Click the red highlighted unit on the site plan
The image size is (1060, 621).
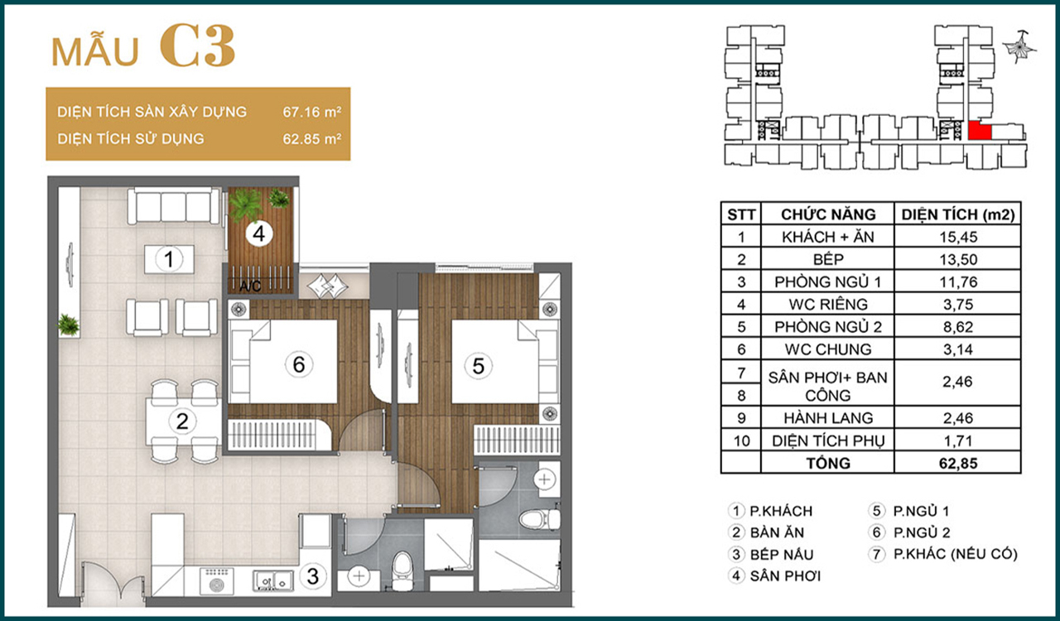click(x=979, y=131)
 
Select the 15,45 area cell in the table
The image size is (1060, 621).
click(x=958, y=237)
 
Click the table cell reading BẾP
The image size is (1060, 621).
click(x=828, y=259)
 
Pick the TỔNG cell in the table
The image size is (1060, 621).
click(x=828, y=463)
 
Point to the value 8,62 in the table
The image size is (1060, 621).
click(x=958, y=327)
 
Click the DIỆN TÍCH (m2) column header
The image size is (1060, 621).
click(x=958, y=214)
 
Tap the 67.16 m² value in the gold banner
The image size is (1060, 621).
click(x=312, y=112)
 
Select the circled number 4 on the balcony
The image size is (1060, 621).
click(x=259, y=233)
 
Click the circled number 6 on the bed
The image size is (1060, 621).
click(x=299, y=364)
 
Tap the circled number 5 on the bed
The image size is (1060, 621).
click(x=479, y=366)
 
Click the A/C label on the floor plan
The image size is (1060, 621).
click(x=250, y=286)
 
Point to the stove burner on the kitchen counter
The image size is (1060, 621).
click(x=217, y=581)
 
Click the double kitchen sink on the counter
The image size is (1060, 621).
click(x=273, y=580)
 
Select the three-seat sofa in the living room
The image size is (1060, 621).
click(x=174, y=205)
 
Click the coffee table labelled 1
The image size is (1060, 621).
click(x=169, y=259)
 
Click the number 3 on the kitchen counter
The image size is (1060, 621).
click(x=313, y=576)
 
